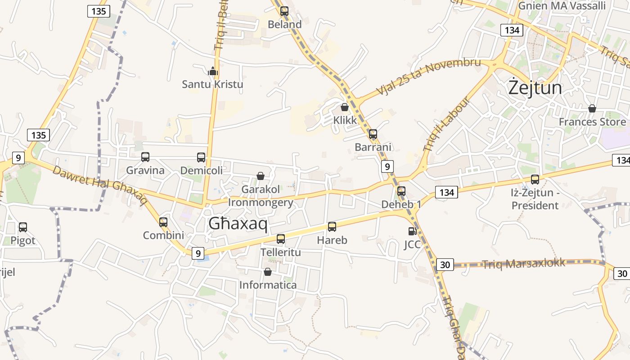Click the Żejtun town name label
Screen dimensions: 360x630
(x=535, y=87)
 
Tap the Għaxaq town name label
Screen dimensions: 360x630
(x=238, y=223)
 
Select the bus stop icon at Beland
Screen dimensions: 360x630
(x=284, y=11)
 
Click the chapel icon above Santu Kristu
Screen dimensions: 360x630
(x=213, y=71)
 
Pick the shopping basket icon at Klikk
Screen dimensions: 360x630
(x=345, y=107)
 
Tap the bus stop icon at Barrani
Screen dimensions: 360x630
(x=373, y=134)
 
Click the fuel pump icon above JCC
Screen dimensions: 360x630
(x=412, y=231)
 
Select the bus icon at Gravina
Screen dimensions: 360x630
(x=145, y=157)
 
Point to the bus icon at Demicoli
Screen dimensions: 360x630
(x=201, y=157)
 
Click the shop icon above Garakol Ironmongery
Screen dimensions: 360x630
(x=261, y=176)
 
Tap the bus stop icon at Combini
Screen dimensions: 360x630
(x=163, y=222)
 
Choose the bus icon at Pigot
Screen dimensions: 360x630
(x=23, y=227)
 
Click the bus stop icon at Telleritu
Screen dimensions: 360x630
(x=281, y=239)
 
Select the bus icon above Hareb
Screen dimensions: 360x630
(x=332, y=227)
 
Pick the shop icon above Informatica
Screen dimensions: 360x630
(x=268, y=272)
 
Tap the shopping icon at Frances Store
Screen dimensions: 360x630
(x=592, y=108)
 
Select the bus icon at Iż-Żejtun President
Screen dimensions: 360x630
(x=535, y=180)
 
